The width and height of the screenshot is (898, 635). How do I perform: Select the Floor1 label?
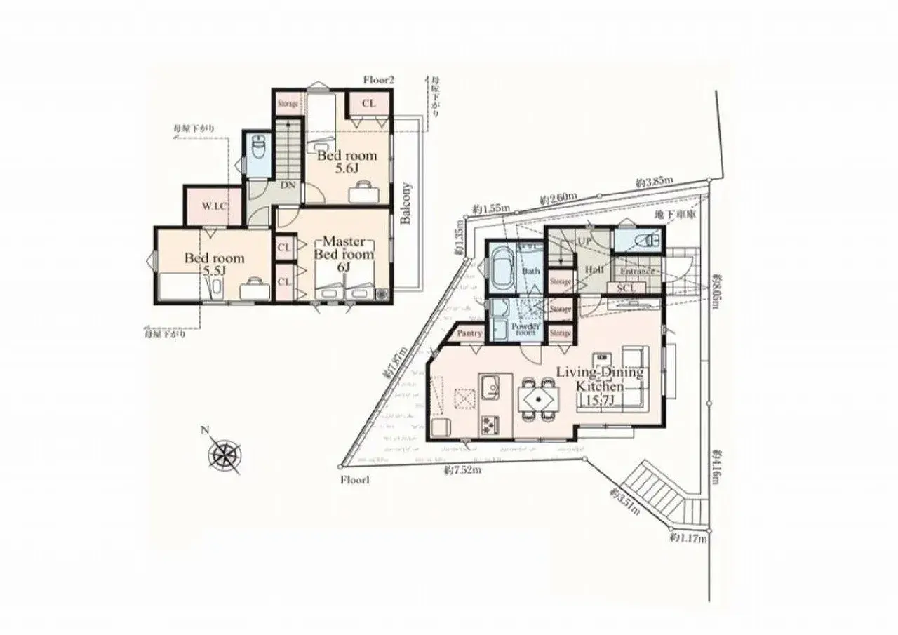coord(354,480)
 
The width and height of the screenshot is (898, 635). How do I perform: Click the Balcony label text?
coord(407,203)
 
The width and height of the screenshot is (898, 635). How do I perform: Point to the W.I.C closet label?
coord(214,207)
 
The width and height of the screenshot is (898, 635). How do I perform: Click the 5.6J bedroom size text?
coord(347,169)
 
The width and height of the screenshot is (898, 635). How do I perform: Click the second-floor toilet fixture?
coord(257,148)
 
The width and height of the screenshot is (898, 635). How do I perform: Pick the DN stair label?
coord(288,186)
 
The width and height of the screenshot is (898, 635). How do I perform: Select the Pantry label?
coord(469,333)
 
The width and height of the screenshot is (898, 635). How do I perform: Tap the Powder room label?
coord(525,328)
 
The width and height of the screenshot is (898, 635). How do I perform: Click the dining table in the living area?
coord(538,401)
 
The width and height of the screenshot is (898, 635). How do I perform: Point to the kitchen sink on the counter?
coord(490,385)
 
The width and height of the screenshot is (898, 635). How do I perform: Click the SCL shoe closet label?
coord(626,288)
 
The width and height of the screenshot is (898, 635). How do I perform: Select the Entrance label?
coord(637,272)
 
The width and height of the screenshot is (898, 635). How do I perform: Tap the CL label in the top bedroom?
coord(369,103)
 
